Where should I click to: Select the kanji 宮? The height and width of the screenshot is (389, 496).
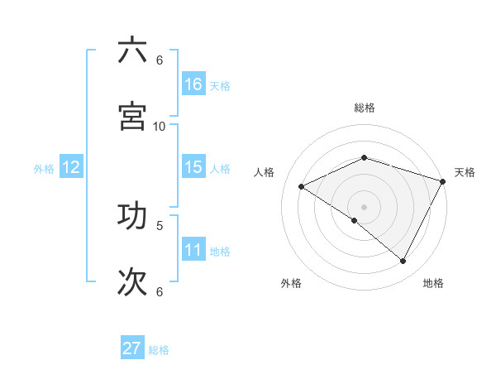click(132, 116)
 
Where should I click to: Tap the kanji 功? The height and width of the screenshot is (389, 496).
click(132, 214)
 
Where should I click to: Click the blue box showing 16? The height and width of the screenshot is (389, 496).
click(193, 84)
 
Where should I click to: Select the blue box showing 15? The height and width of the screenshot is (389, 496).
click(193, 167)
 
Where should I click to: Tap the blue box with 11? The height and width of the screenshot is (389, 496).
click(193, 250)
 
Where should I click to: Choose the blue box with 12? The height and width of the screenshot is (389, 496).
click(71, 167)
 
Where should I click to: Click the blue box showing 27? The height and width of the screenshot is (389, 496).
click(132, 348)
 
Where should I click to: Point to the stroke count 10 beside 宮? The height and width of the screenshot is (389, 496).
click(160, 126)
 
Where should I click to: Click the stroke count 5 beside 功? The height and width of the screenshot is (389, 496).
click(160, 224)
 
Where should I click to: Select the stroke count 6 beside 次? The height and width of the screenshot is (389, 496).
click(160, 291)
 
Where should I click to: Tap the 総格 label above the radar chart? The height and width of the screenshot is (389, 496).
click(365, 108)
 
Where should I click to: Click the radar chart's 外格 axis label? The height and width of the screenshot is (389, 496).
click(291, 283)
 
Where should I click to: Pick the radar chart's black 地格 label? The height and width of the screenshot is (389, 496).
click(433, 283)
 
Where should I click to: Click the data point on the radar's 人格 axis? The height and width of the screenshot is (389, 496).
click(302, 186)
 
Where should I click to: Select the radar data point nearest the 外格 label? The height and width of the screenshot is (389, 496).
click(355, 220)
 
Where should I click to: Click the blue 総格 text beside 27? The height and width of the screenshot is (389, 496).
click(159, 350)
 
